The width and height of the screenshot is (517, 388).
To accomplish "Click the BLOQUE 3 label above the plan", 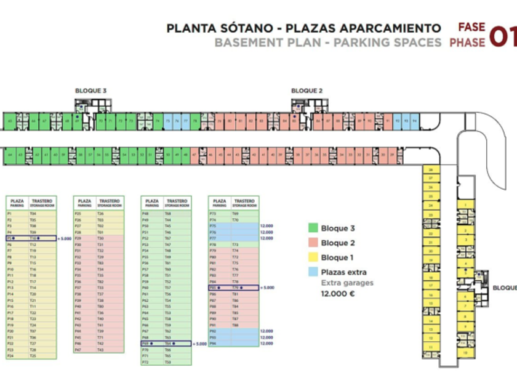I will (90, 91).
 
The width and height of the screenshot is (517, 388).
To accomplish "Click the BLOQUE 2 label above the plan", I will (307, 91).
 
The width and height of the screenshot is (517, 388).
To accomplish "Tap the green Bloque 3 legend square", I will (313, 228).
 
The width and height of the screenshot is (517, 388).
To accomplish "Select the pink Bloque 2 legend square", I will (313, 243).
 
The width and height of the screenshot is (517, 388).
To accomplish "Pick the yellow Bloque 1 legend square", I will (313, 257).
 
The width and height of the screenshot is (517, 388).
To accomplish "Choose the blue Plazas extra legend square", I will (313, 272).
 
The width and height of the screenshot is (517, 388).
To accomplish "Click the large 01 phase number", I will (503, 36).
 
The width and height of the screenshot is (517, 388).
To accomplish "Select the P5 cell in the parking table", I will (10, 238).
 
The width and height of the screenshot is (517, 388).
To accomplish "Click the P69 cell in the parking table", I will (146, 344).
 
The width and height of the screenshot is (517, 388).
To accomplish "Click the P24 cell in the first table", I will (10, 356).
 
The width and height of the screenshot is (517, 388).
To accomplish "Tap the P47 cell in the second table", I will (78, 350).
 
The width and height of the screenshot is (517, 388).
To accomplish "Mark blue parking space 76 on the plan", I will (176, 121).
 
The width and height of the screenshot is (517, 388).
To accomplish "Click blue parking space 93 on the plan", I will (406, 121).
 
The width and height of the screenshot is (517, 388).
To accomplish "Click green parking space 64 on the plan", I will (10, 154).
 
